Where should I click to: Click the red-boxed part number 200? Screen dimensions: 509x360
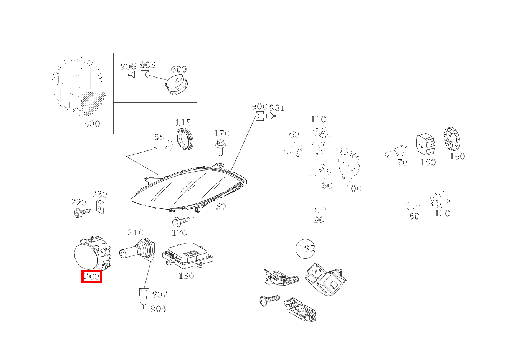coord(92,276)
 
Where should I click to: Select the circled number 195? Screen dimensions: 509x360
coord(306,249)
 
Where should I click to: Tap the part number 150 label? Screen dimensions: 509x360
coord(186,276)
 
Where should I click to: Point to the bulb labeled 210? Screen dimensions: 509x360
coord(137,249)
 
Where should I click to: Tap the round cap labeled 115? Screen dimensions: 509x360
coord(185,139)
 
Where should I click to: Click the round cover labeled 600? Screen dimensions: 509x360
coord(177,84)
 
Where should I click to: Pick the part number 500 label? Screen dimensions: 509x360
coord(92,124)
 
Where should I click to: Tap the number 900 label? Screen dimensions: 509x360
coord(259,106)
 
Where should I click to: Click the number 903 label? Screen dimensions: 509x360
coord(159,309)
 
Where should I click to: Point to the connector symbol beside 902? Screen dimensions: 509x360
coord(144,293)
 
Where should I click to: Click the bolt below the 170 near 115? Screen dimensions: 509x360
coord(220,148)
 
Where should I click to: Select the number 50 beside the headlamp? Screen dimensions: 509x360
coord(221,206)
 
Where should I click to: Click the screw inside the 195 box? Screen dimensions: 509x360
coord(269,300)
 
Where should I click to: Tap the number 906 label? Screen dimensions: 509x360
coord(128,66)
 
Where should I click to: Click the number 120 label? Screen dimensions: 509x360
coord(442,213)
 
